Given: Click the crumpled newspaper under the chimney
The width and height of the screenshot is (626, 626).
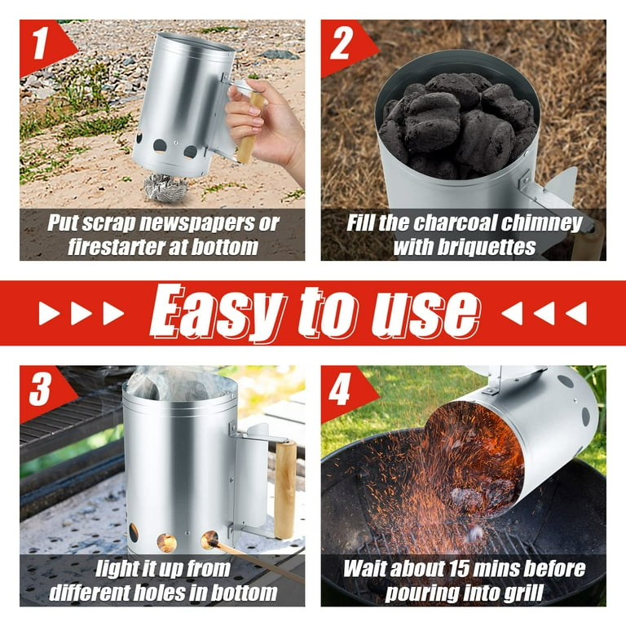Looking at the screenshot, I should click(x=165, y=188).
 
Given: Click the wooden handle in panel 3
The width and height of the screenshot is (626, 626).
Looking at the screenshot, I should click(x=284, y=489).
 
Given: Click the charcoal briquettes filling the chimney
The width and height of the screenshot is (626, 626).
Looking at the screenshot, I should click(x=456, y=122).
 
